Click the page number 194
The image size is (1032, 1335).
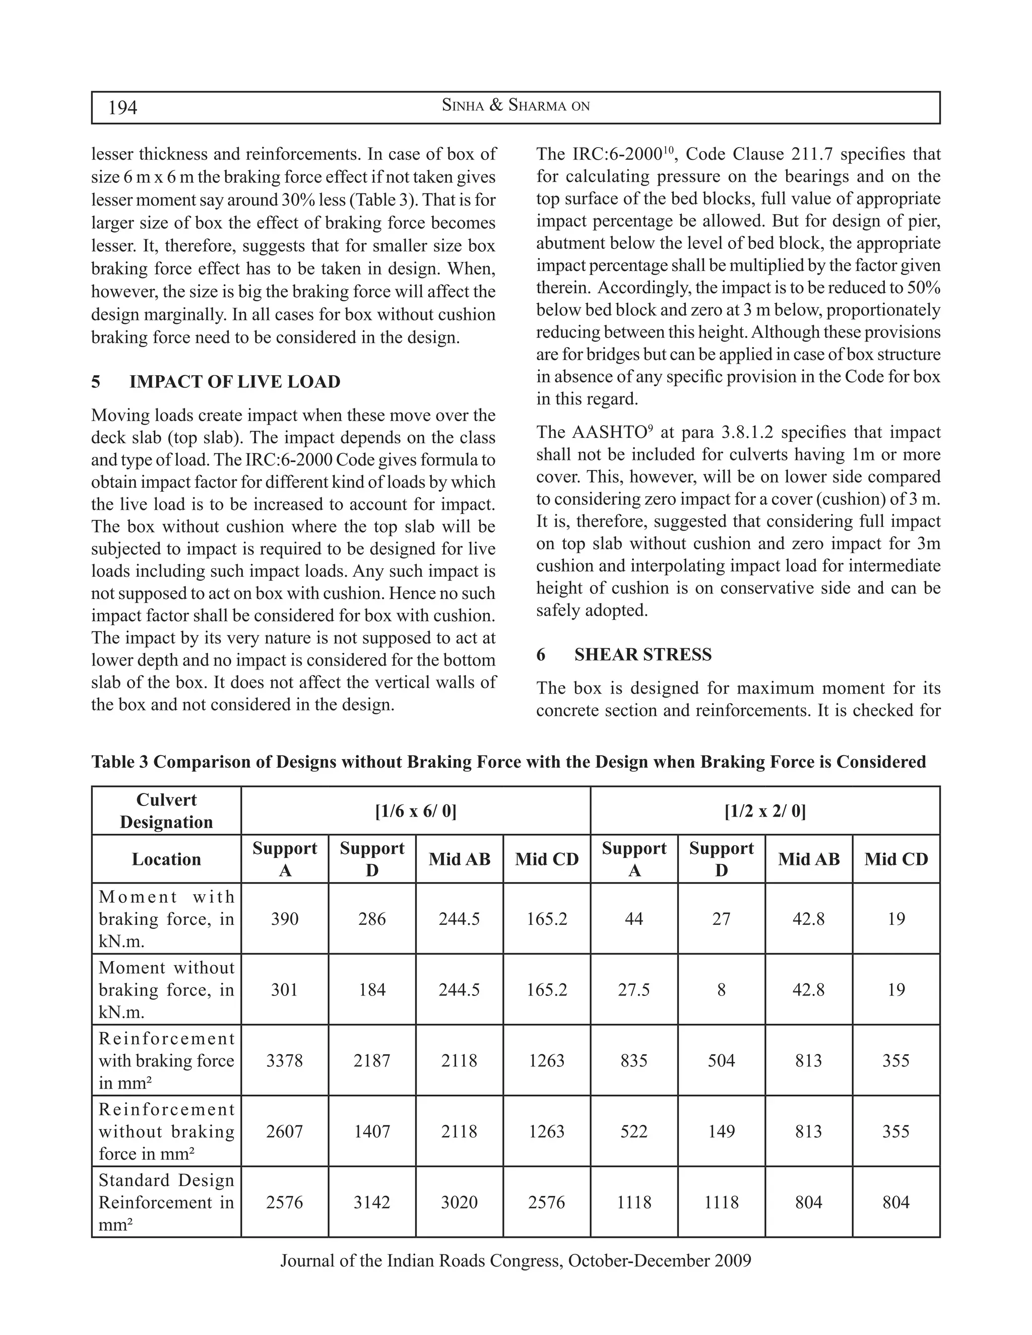(122, 108)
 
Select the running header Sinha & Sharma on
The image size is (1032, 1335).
(515, 106)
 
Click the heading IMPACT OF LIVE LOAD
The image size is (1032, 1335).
(235, 382)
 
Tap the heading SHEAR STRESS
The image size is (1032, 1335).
(642, 655)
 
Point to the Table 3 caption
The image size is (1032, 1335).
(508, 762)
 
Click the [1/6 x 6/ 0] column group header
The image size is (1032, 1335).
(415, 811)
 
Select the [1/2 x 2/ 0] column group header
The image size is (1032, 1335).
(765, 811)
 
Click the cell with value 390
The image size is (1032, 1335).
(284, 919)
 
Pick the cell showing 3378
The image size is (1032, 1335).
(284, 1060)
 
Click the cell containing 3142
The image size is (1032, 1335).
(372, 1203)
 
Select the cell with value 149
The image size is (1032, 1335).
(722, 1131)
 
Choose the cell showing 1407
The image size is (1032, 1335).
(372, 1131)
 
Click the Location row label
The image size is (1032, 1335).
(166, 859)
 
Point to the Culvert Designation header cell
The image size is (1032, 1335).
(166, 811)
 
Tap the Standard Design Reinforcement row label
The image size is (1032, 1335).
(166, 1203)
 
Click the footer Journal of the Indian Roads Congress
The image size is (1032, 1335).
(515, 1260)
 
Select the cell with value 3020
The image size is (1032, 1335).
(459, 1203)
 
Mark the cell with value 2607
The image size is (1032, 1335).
(284, 1131)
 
